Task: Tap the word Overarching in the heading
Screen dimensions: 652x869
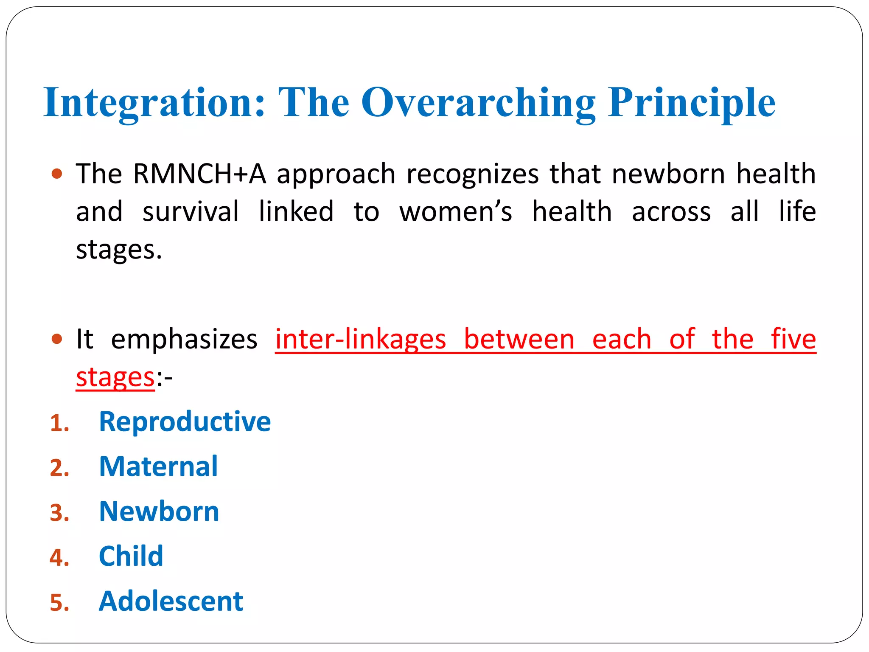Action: pos(478,103)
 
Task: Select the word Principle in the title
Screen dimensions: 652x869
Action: pos(692,103)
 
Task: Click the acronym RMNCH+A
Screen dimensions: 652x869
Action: pos(199,174)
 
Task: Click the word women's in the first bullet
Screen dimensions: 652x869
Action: pos(456,211)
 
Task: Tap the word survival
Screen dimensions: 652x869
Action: pos(191,211)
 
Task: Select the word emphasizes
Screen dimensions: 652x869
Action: pos(184,339)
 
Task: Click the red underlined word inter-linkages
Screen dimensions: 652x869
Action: pos(361,339)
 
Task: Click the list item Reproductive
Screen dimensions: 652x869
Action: pos(185,422)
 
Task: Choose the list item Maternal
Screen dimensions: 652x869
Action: pos(158,467)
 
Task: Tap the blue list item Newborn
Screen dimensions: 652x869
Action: pos(159,511)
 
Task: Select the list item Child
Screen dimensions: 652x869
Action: pos(131,556)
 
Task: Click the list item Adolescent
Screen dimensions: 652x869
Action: pos(171,601)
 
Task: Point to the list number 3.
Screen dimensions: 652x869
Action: pos(59,513)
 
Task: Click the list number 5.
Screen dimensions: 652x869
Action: pos(59,603)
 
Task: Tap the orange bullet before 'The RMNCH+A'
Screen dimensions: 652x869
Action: pos(56,174)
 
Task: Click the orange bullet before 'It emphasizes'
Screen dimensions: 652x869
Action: pos(56,339)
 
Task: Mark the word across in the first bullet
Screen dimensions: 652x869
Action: pos(671,211)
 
